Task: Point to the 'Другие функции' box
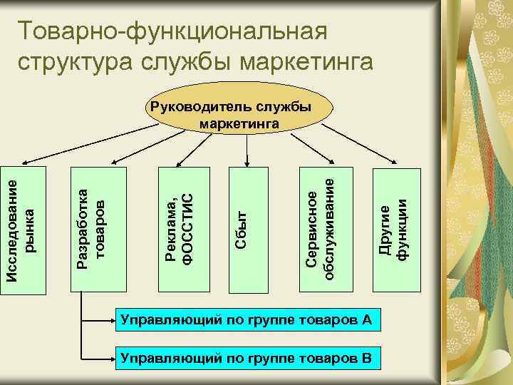click(x=393, y=228)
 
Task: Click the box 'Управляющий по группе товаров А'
click(x=248, y=319)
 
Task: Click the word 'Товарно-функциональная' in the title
click(x=172, y=31)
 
